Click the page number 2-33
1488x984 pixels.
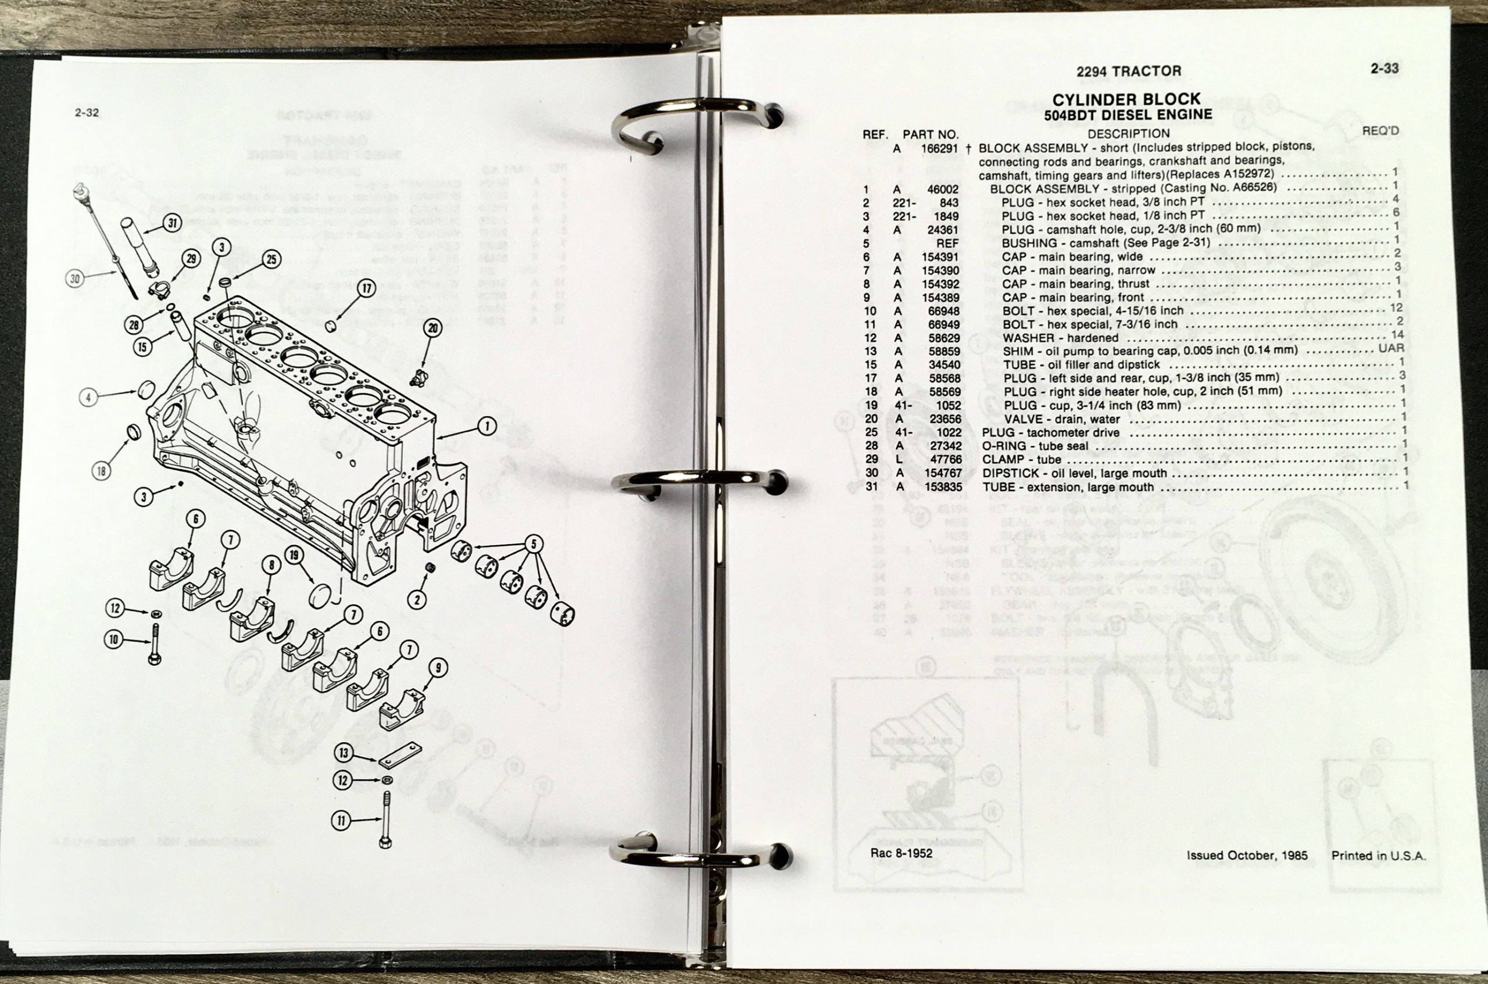(1385, 69)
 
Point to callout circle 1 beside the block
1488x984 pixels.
(487, 427)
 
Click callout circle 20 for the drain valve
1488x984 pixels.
(432, 327)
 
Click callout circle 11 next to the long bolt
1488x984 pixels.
(341, 820)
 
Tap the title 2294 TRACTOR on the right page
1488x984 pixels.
(1128, 71)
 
